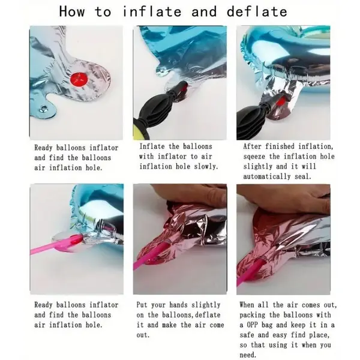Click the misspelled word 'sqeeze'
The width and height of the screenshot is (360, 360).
pyautogui.click(x=256, y=156)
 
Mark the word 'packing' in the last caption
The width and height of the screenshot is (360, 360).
pyautogui.click(x=256, y=314)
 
